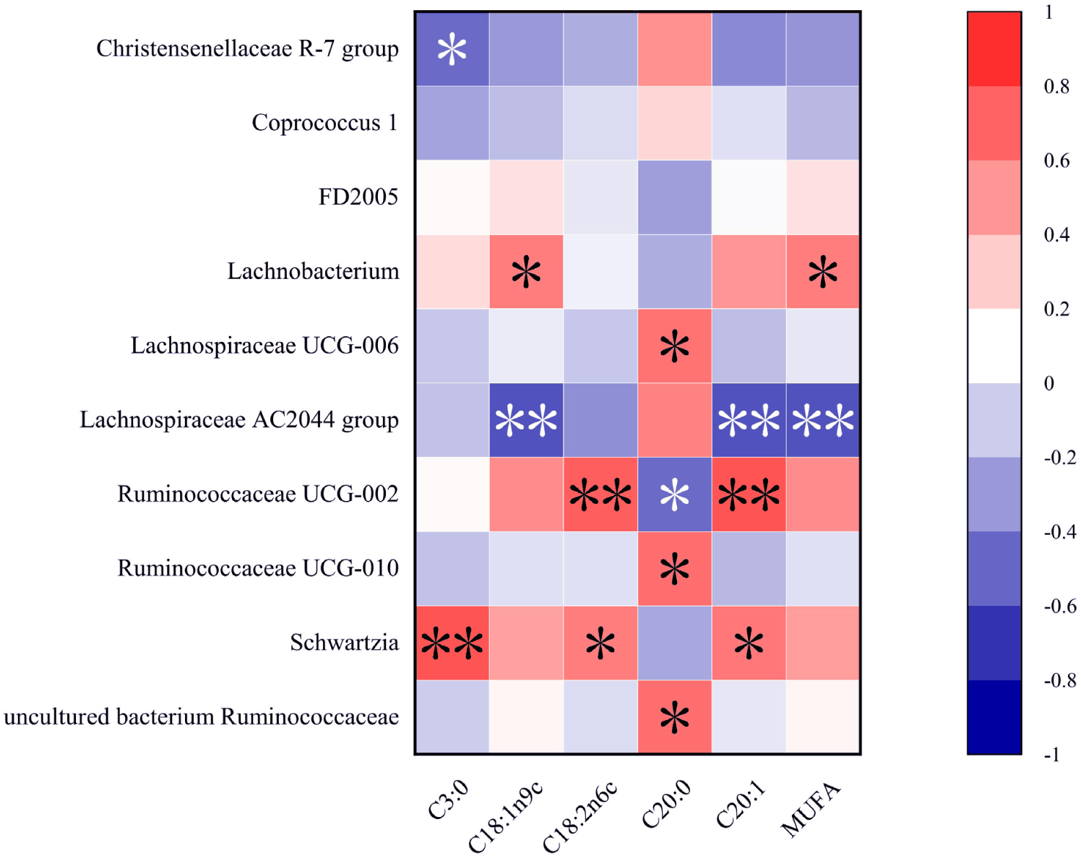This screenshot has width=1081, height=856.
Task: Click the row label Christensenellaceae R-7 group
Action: click(x=247, y=49)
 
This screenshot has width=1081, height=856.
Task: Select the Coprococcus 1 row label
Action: click(x=324, y=123)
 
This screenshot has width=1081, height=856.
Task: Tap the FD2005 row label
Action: click(x=358, y=197)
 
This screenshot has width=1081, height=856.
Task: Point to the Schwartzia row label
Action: click(x=344, y=643)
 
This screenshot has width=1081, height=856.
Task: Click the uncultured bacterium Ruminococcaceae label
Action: click(x=201, y=716)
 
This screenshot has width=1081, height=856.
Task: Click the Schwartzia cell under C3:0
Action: click(x=452, y=643)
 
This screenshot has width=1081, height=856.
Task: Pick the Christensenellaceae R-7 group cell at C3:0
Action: click(x=452, y=49)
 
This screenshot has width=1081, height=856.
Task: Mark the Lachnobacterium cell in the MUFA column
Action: click(x=823, y=272)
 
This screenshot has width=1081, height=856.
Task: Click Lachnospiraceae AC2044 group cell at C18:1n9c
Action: click(x=526, y=420)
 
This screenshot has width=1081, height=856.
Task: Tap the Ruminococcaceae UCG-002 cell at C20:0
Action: click(x=675, y=494)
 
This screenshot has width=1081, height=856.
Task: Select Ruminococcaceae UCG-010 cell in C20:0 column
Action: click(x=675, y=568)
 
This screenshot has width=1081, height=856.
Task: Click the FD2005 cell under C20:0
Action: click(x=675, y=197)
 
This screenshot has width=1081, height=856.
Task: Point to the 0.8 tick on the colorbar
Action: click(x=1056, y=87)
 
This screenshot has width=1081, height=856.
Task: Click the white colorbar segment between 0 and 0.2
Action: click(x=994, y=346)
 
